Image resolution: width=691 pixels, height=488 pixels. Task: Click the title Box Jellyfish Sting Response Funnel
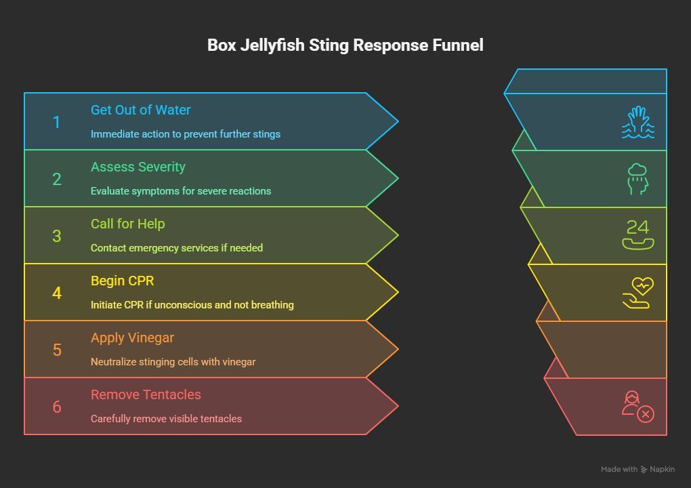point(345,45)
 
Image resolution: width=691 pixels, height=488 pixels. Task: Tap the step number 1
point(56,122)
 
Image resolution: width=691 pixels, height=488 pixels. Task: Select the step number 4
point(56,293)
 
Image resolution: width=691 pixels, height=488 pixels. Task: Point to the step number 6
point(56,407)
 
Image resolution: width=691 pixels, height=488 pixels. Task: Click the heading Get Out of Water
point(141,110)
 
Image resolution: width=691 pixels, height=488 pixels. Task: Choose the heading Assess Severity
point(138,167)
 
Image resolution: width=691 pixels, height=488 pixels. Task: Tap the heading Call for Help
point(128,224)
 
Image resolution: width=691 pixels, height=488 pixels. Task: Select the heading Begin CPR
point(123,281)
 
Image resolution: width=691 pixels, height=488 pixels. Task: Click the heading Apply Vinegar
point(133,338)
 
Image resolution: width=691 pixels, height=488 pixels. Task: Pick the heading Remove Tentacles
point(146,394)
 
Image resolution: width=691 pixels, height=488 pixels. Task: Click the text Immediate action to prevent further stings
point(186,134)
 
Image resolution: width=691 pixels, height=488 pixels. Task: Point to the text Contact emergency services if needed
point(177,248)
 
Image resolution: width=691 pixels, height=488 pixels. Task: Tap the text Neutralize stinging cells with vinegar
point(173,362)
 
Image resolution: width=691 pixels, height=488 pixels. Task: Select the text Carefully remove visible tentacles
point(166,419)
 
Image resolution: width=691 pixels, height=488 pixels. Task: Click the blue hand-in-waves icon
point(637,123)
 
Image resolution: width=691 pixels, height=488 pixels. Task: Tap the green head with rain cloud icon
point(637,179)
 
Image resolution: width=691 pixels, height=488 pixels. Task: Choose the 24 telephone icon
point(637,235)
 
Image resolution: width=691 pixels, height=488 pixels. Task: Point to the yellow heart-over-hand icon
point(637,293)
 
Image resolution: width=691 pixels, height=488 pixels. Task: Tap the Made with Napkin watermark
point(637,469)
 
